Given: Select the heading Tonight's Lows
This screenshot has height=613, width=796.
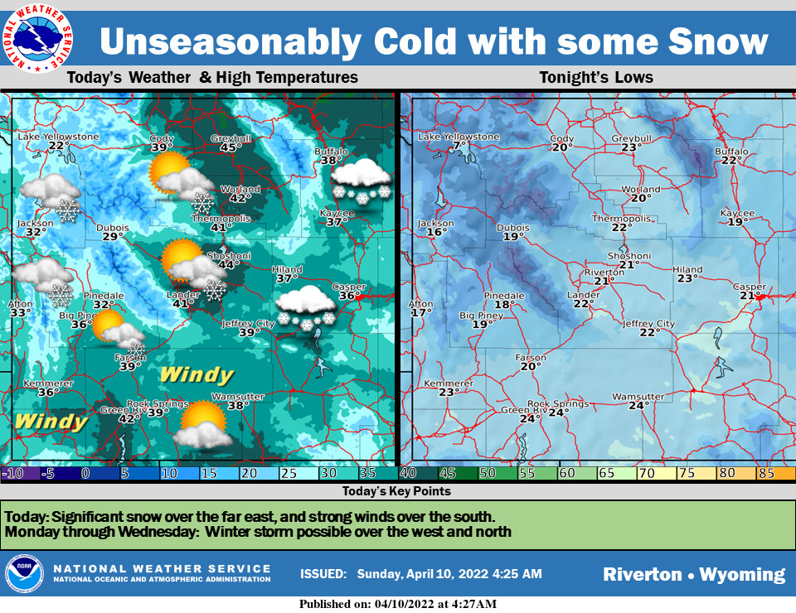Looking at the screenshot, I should (596, 78).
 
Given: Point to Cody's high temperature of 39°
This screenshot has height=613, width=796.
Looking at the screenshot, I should (162, 147).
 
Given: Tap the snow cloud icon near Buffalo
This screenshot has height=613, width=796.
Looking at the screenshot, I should (361, 178).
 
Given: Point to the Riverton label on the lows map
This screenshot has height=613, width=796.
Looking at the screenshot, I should (604, 272).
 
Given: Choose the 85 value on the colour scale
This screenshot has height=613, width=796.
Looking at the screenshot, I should (764, 474).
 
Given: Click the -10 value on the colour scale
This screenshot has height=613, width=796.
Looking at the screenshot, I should (14, 474).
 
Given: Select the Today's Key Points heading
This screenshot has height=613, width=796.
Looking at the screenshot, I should (397, 491).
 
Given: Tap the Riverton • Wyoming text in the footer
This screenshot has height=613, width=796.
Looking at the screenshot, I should (693, 574).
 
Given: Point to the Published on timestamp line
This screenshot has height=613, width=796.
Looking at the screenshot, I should (398, 604).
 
